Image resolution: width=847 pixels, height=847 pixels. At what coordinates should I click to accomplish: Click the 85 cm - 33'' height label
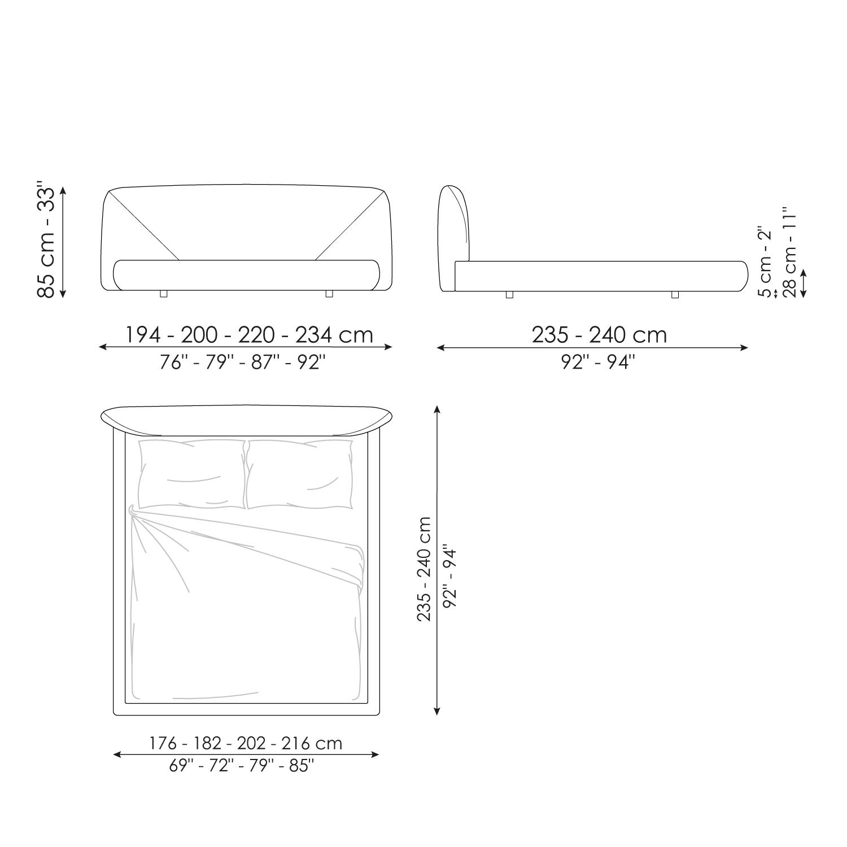[46, 240]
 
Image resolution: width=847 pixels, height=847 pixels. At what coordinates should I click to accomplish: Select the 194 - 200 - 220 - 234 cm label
[249, 335]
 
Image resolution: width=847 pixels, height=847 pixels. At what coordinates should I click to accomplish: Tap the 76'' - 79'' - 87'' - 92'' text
[243, 362]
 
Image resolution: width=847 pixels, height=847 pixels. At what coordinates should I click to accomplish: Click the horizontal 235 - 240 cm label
[599, 335]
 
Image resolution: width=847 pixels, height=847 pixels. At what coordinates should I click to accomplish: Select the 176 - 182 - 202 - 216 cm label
[246, 743]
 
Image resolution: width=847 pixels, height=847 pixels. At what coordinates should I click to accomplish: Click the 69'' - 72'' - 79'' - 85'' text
[242, 766]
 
